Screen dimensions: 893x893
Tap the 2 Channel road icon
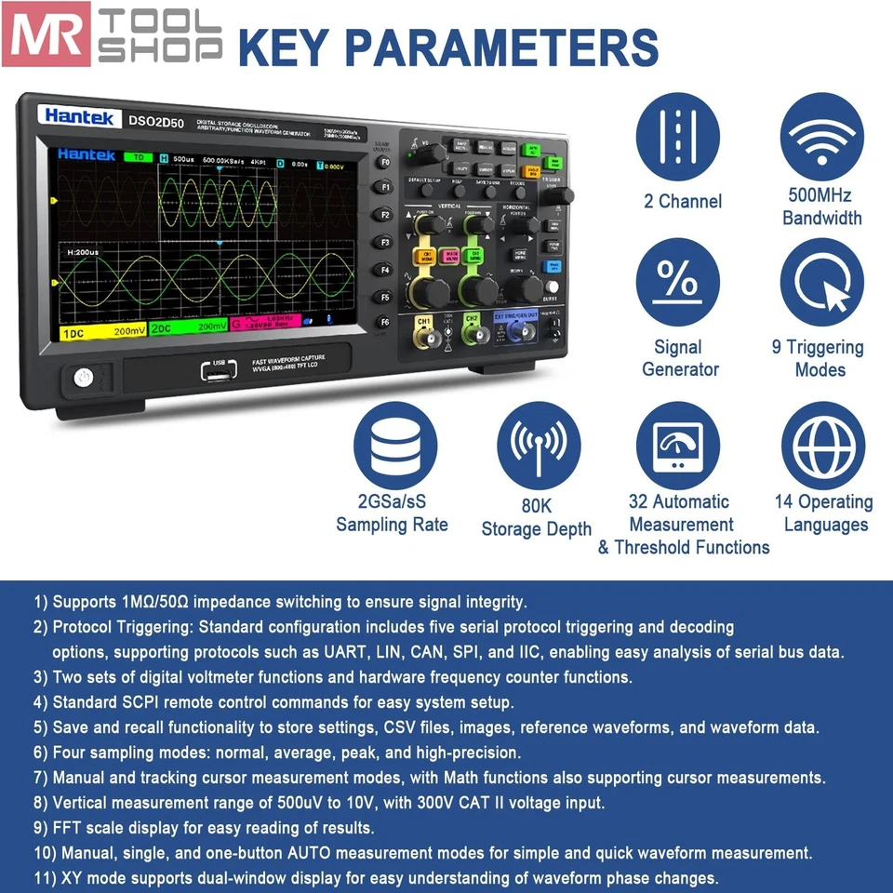[682, 138]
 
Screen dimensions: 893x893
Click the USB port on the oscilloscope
[219, 371]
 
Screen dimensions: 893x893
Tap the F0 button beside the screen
[382, 160]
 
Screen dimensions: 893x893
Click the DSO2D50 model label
[156, 119]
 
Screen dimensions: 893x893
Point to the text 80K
[536, 506]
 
